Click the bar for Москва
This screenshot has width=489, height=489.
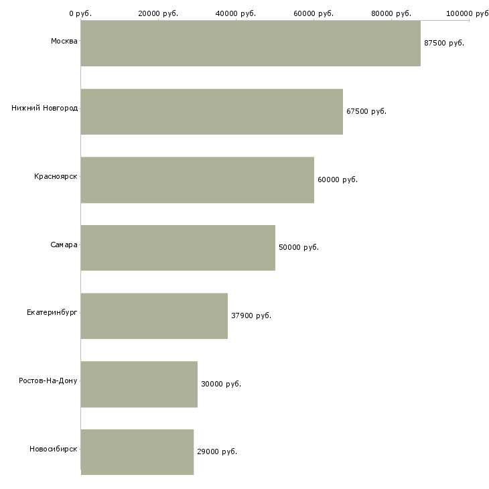pos(251,44)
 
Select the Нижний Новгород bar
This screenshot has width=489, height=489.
pos(212,112)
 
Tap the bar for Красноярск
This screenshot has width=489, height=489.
pos(198,180)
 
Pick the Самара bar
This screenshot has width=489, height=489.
pos(178,248)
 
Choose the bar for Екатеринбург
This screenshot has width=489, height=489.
pos(154,316)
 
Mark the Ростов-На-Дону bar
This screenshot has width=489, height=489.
pos(139,385)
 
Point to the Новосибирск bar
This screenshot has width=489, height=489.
pos(137,452)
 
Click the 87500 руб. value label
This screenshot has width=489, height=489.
pos(444,43)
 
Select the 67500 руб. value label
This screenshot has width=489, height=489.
pos(366,111)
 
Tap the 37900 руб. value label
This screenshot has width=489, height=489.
pos(251,316)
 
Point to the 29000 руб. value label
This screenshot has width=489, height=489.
pos(217,451)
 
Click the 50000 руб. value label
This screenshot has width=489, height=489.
pos(299,247)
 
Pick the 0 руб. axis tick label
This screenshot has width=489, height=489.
pos(80,13)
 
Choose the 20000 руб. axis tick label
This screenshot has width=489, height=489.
pos(158,13)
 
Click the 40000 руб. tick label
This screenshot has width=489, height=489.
pos(236,13)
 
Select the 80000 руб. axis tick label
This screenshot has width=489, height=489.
pos(391,13)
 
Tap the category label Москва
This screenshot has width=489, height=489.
pos(64,41)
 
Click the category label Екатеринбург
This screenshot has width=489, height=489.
pos(52,312)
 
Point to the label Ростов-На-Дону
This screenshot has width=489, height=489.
pos(48,380)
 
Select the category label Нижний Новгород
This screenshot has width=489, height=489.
pos(45,108)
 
